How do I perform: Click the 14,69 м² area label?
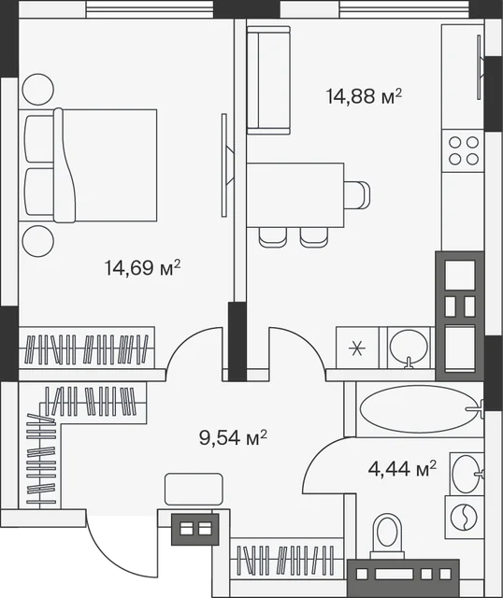142,267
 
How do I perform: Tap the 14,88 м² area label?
364,95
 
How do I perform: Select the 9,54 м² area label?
233,437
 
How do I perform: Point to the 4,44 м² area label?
402,468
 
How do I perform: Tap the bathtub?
420,409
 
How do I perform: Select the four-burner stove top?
463,150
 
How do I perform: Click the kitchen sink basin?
409,347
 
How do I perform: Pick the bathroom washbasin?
467,474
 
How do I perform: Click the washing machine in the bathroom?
464,517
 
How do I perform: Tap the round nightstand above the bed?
37,90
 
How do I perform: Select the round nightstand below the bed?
37,241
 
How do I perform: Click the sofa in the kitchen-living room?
268,80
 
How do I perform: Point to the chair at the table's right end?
357,195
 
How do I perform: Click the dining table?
295,195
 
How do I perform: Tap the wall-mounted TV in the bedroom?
227,165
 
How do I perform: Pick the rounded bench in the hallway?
194,490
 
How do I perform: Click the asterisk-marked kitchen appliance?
357,348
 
